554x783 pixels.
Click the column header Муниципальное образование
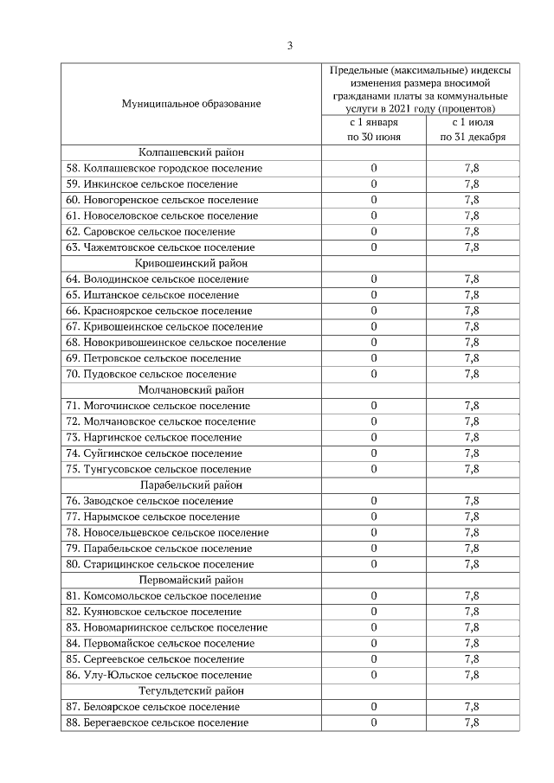click(190, 104)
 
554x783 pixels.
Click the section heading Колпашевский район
click(190, 152)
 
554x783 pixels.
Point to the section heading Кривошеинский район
click(190, 263)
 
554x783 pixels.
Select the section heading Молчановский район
click(190, 390)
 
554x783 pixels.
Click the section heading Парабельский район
click(190, 485)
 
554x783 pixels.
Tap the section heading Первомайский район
click(190, 581)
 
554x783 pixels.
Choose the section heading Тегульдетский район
click(190, 691)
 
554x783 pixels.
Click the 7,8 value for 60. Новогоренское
click(472, 200)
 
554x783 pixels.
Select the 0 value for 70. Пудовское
click(374, 374)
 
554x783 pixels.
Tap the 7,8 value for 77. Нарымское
click(472, 517)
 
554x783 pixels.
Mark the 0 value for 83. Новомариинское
click(374, 627)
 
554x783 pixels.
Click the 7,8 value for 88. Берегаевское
click(472, 722)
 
